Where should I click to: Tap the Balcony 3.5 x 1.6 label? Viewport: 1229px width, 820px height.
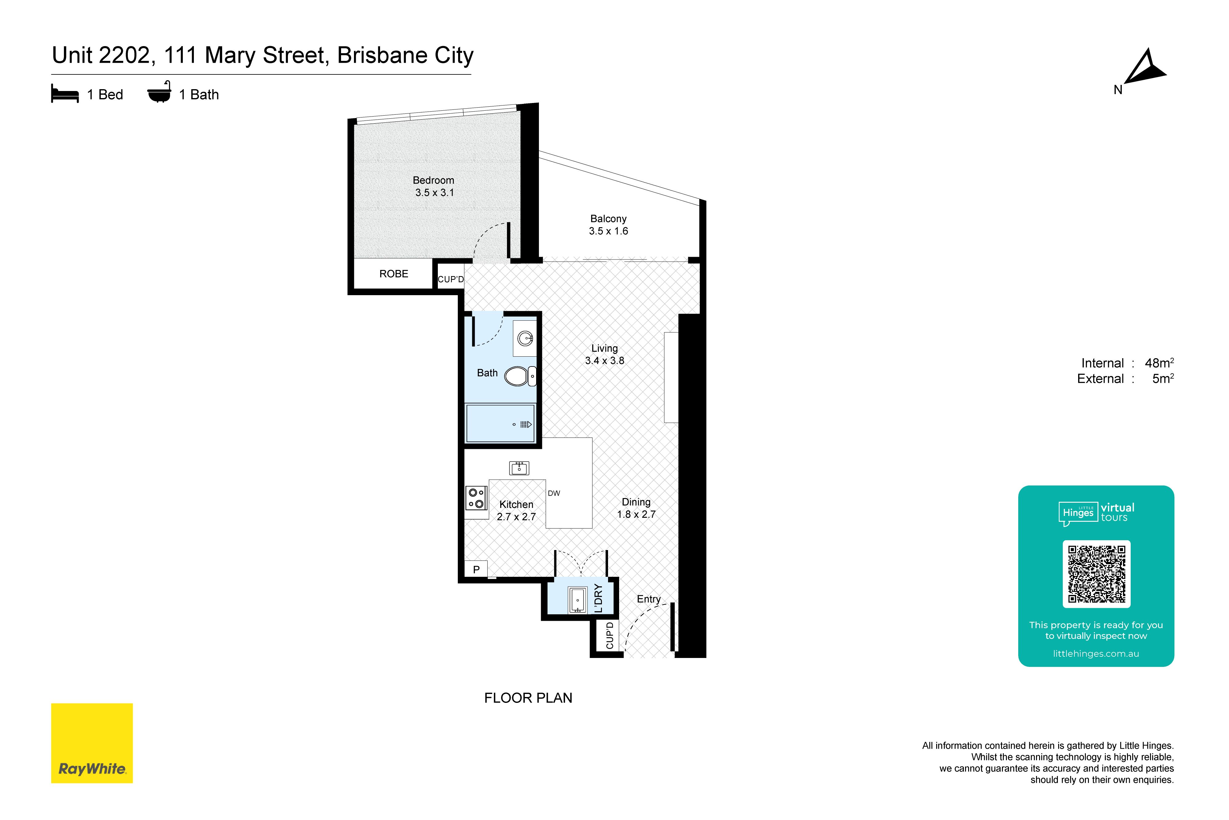[608, 225]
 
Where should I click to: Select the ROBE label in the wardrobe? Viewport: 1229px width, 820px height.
[394, 274]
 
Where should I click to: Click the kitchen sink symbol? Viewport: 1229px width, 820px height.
[519, 468]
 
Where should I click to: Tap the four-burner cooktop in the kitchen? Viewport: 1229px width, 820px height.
[476, 498]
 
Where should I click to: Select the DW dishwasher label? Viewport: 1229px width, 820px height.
[554, 493]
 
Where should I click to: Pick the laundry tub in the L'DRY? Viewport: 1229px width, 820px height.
[577, 600]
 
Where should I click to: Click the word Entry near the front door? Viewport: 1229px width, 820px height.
[649, 599]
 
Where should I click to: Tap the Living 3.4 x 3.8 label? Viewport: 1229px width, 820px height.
[605, 355]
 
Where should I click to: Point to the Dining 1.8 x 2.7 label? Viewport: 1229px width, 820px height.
[636, 508]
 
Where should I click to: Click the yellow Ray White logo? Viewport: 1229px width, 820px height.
[92, 743]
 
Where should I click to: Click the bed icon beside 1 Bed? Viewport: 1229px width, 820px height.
[65, 94]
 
